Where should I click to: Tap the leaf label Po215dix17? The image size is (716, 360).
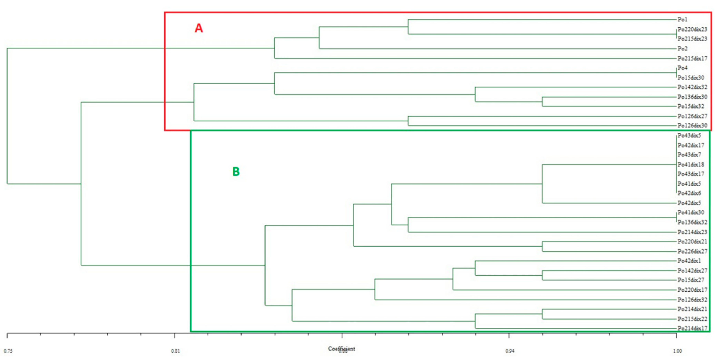[692, 58]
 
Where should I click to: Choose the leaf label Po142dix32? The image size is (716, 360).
[692, 87]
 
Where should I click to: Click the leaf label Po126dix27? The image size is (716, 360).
[692, 116]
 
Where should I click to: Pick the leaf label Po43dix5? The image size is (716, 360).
[689, 136]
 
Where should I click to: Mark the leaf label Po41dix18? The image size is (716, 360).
[691, 165]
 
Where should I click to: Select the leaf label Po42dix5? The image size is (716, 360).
[689, 203]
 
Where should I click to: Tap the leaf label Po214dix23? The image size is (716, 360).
[692, 232]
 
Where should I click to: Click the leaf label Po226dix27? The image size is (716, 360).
[692, 251]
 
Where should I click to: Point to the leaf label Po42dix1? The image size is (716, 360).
[689, 261]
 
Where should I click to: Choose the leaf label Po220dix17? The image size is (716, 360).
[692, 290]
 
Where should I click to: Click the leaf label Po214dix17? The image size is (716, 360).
[692, 328]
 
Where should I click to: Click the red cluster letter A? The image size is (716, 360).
[199, 28]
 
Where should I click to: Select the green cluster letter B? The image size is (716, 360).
[236, 171]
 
